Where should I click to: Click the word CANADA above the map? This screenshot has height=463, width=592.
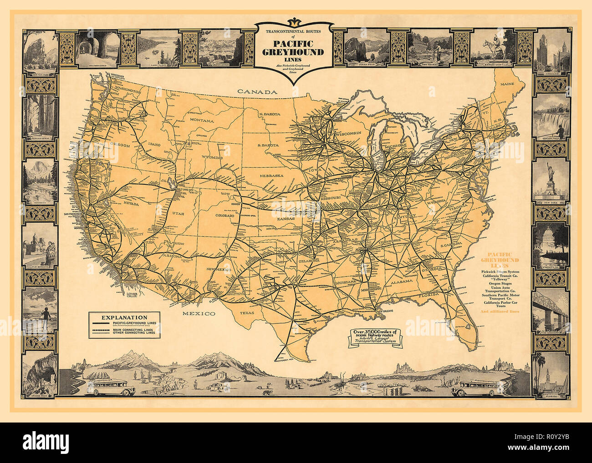point(258,92)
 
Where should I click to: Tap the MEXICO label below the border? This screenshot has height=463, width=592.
point(199,314)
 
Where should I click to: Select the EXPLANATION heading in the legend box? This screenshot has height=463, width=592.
point(124,317)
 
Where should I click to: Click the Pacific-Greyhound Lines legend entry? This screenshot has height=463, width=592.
point(134,323)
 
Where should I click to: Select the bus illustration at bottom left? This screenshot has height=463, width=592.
point(107,387)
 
